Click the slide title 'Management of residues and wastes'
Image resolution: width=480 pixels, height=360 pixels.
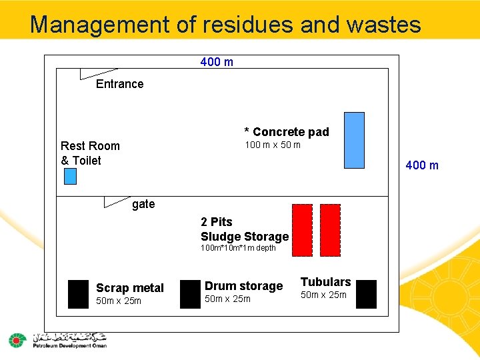click(x=225, y=25)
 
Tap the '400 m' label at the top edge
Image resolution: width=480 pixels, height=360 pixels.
click(x=217, y=62)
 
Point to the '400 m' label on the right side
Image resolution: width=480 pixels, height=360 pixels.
click(x=422, y=165)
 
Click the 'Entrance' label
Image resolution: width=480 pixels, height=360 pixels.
click(x=119, y=83)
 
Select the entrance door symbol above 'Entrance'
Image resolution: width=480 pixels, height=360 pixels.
click(x=97, y=73)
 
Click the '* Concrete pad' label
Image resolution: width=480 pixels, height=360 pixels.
click(x=287, y=132)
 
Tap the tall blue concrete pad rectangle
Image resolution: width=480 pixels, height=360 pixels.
click(x=354, y=140)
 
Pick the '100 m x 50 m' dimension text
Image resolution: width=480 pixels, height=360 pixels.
click(x=272, y=145)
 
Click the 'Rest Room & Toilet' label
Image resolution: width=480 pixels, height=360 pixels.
click(x=90, y=153)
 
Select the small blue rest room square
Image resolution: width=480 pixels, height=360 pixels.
click(x=70, y=176)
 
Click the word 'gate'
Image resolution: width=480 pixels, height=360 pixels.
click(x=143, y=204)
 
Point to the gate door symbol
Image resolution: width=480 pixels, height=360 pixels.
click(x=117, y=201)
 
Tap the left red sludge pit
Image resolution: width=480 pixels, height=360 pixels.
click(x=302, y=229)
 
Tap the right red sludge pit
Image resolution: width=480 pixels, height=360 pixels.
click(x=330, y=229)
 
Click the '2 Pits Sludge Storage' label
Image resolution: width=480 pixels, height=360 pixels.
click(x=244, y=229)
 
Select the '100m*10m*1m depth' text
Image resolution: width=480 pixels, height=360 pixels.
click(x=238, y=248)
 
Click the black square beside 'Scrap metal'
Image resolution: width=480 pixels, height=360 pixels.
click(x=78, y=294)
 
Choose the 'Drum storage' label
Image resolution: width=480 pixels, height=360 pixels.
click(x=243, y=286)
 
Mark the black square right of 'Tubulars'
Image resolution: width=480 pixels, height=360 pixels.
click(x=366, y=294)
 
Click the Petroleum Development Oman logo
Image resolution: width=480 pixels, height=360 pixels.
click(x=57, y=340)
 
